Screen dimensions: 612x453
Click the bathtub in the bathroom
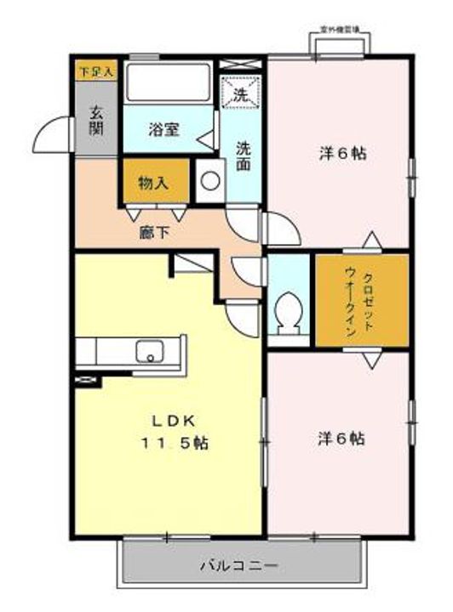tap(168, 83)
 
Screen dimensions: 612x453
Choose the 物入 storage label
tap(152, 182)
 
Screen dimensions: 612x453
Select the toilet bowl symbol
tap(289, 310)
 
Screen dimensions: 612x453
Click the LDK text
tap(175, 420)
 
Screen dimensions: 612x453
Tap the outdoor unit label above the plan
tap(339, 31)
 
